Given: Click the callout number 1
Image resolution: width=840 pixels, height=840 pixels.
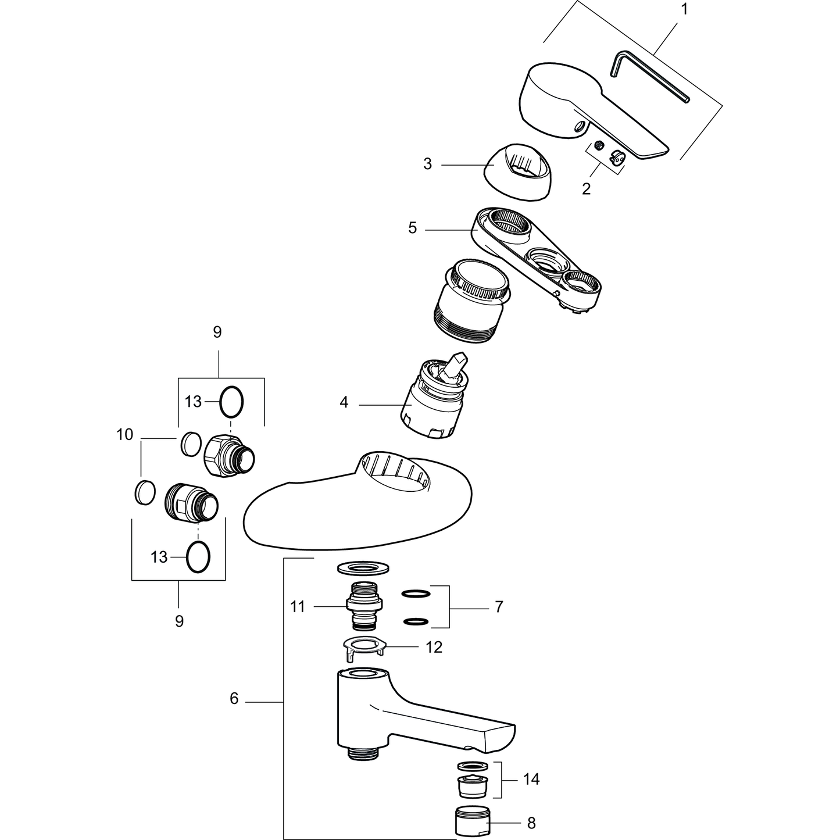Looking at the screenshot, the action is pos(684,9).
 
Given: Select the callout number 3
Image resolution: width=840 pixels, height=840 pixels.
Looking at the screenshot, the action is pos(427,165).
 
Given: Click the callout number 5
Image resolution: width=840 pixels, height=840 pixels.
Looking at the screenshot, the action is pos(412,228).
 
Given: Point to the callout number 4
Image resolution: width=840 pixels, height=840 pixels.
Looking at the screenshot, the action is pos(344,402).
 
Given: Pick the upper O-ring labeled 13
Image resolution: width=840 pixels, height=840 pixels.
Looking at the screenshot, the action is pos(231,402).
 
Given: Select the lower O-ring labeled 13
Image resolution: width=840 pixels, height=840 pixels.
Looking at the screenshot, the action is pos(198,557).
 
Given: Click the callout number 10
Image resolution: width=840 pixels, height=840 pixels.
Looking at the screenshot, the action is pos(124,435).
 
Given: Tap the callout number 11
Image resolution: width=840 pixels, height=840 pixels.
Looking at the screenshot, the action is pos(297,606).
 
